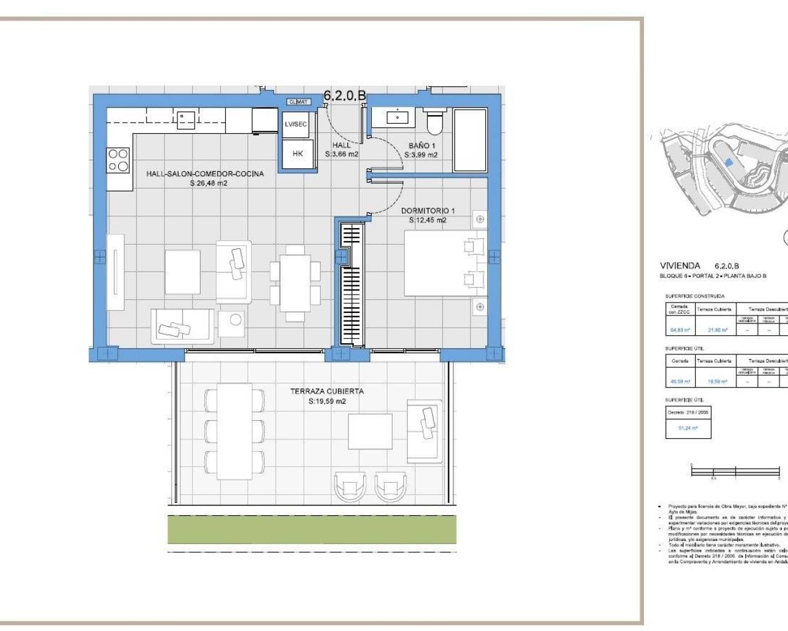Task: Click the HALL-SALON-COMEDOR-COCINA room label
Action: [204, 174]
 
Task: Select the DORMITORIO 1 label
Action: [428, 211]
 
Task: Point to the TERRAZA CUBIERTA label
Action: [327, 391]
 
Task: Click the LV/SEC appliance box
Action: [295, 124]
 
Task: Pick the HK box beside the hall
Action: [297, 154]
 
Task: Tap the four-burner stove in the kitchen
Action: [119, 160]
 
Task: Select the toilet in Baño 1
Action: [435, 121]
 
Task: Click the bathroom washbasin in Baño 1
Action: [397, 116]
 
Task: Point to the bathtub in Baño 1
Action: [470, 140]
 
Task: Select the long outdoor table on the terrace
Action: [234, 431]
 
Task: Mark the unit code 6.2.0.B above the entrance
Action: [345, 96]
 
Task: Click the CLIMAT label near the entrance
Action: [299, 102]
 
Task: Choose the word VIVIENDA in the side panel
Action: [680, 266]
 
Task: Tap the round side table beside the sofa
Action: [234, 319]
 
